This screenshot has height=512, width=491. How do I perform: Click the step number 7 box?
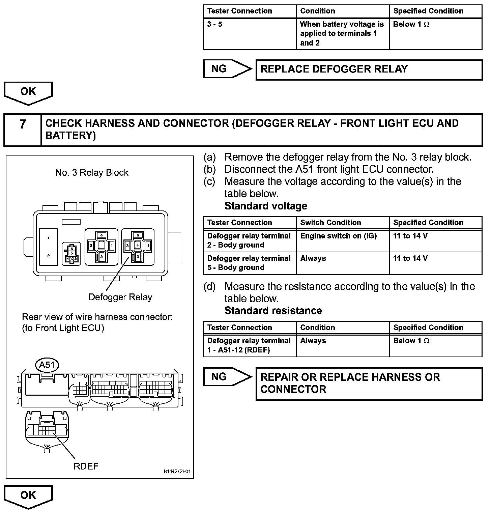point(23,130)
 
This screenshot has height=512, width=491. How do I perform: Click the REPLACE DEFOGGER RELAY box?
point(369,70)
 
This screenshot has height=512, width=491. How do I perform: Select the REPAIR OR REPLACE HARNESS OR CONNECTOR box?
point(369,383)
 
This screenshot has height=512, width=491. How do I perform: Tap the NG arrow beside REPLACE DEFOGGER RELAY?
point(227,69)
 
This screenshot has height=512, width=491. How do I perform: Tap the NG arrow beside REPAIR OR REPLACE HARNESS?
point(227,377)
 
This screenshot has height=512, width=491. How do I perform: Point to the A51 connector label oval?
point(47,365)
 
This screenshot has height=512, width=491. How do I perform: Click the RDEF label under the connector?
point(86,466)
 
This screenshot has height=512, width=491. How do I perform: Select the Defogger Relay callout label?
point(120,297)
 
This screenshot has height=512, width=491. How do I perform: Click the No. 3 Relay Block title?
point(92,173)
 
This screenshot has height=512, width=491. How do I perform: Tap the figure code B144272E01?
point(177,472)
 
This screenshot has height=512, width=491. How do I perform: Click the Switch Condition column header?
point(330,223)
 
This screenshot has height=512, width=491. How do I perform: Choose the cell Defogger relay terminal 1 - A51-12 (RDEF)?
point(249,345)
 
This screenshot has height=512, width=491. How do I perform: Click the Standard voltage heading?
point(266,206)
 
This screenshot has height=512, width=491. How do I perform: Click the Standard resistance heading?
point(273,311)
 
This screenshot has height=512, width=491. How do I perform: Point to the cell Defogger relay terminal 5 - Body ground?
point(249,263)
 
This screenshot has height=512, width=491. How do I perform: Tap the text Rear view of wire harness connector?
point(97,317)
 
